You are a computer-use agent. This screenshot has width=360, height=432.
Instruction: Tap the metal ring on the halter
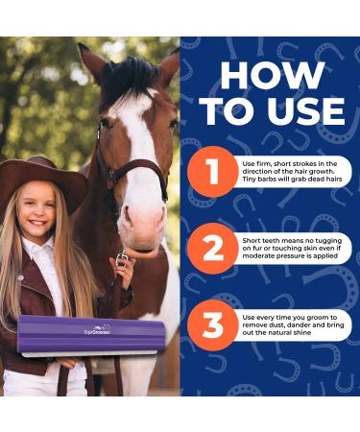(x=123, y=256)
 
